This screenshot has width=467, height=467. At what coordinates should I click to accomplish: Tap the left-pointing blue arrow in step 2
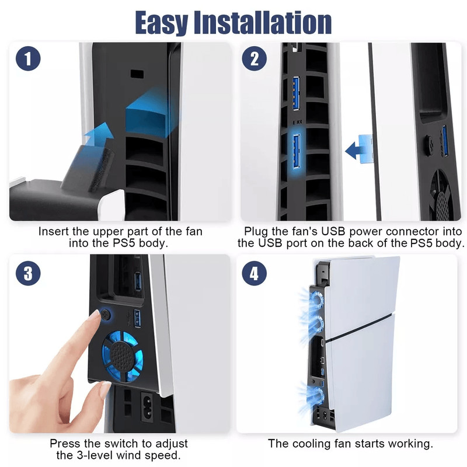tap(357, 150)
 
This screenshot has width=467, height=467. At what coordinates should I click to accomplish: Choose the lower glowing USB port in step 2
tap(296, 153)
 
